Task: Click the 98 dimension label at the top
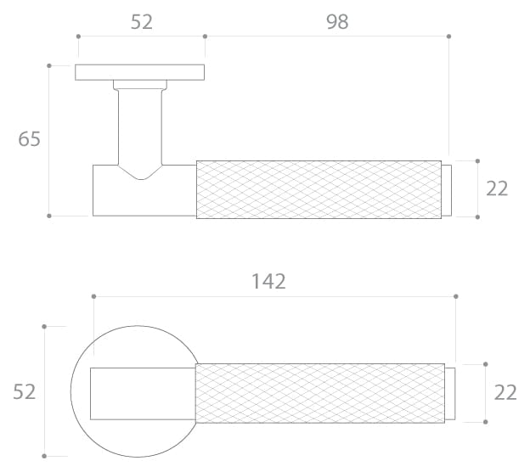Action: [x=337, y=22]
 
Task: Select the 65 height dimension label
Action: [x=29, y=139]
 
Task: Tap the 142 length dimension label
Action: [x=268, y=282]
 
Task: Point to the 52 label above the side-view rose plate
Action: [x=142, y=22]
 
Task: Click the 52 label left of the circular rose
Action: [x=24, y=392]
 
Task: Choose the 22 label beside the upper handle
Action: [x=497, y=188]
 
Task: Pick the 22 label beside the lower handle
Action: [x=505, y=392]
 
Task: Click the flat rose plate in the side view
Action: [x=139, y=72]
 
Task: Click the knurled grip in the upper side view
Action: [x=319, y=189]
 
